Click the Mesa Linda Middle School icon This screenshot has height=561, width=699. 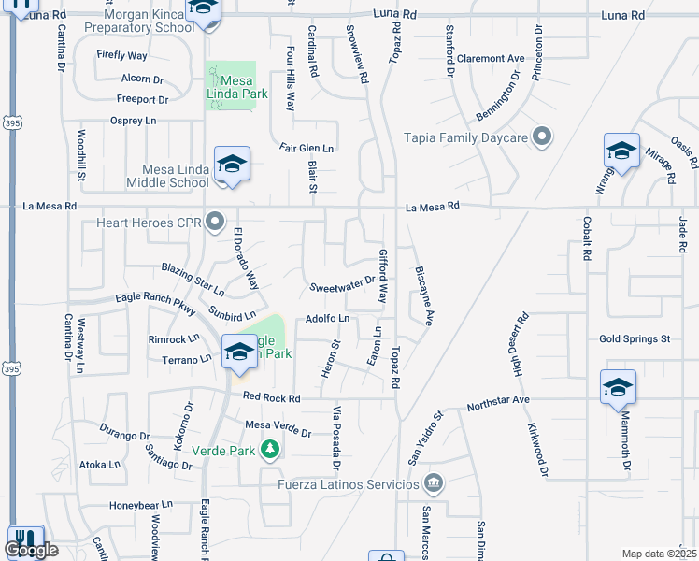tap(230, 165)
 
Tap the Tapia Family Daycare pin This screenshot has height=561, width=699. tap(541, 137)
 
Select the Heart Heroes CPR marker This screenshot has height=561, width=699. tap(216, 223)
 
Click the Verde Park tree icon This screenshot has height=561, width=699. tap(270, 450)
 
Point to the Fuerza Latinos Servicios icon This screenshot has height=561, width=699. tap(433, 483)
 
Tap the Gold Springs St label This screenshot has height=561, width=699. tap(635, 338)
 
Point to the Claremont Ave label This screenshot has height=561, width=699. tap(491, 58)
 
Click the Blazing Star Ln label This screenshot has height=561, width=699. tap(193, 278)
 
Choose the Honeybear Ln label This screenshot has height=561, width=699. tap(141, 504)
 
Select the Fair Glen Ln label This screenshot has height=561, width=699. tap(307, 148)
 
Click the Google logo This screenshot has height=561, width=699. tap(33, 551)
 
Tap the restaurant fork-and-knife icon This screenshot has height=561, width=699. tap(25, 539)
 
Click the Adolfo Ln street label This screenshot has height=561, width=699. tap(327, 319)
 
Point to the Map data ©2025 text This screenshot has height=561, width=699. tap(659, 554)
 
